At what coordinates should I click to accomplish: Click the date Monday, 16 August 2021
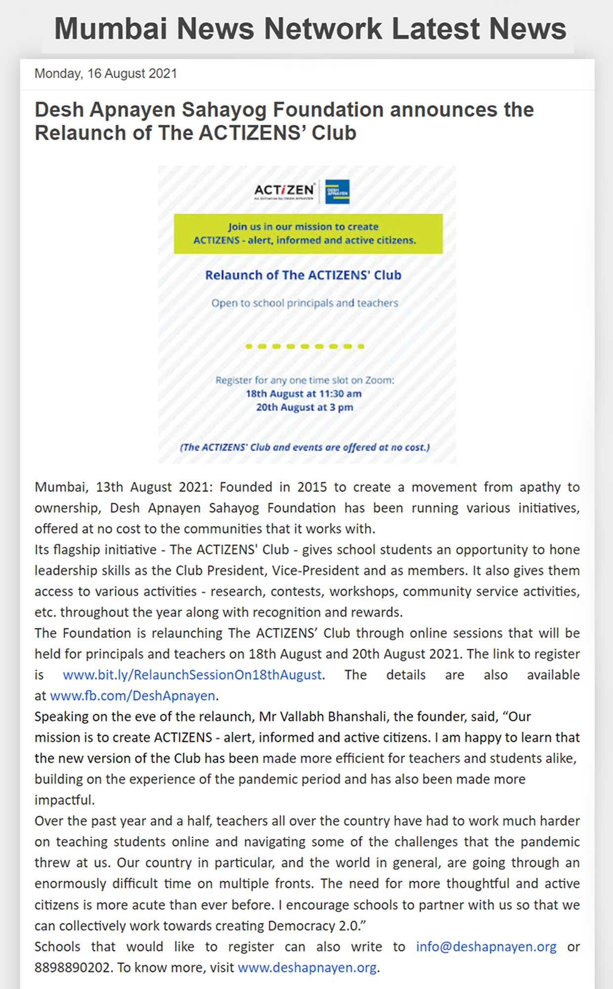tap(105, 74)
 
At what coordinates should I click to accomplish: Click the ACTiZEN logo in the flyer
tap(284, 191)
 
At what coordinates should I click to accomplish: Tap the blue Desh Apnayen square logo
tap(338, 191)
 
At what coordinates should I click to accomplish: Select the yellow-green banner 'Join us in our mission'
tap(308, 233)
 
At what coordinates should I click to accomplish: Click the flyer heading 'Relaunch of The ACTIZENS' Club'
tap(303, 275)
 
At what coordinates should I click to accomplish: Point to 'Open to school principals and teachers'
tap(305, 303)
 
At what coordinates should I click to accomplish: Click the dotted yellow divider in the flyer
tap(305, 346)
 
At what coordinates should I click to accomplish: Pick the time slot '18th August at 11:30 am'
tap(304, 394)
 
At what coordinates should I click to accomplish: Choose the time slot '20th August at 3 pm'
tap(305, 407)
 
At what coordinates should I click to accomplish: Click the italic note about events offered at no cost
tap(305, 447)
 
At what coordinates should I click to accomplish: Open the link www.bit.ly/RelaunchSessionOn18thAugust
tap(192, 675)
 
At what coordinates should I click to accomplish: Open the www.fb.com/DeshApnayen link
tap(132, 696)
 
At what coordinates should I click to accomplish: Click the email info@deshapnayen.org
tap(486, 946)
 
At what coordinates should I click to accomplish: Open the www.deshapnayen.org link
tap(307, 967)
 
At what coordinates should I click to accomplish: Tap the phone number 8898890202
tap(72, 967)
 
